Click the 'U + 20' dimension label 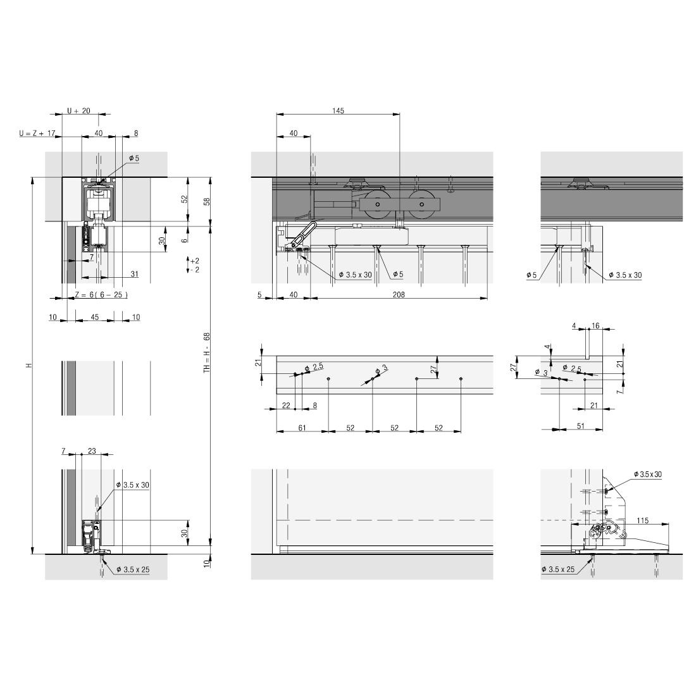tap(78, 111)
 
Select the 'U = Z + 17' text tap(38, 134)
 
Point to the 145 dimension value tap(338, 111)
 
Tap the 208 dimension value tap(399, 294)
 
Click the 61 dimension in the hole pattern tap(302, 428)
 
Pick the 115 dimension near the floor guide tap(643, 520)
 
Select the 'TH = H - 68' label tap(206, 353)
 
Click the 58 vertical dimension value tap(206, 201)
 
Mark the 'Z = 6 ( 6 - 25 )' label tap(101, 295)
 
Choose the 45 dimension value tap(94, 317)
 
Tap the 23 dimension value tap(92, 451)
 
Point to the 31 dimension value tap(134, 273)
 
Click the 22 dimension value tap(286, 405)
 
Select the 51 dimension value tap(581, 426)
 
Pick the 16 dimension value tap(595, 326)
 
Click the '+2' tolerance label tap(194, 261)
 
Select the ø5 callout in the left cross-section tap(134, 158)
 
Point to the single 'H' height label tap(28, 366)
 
